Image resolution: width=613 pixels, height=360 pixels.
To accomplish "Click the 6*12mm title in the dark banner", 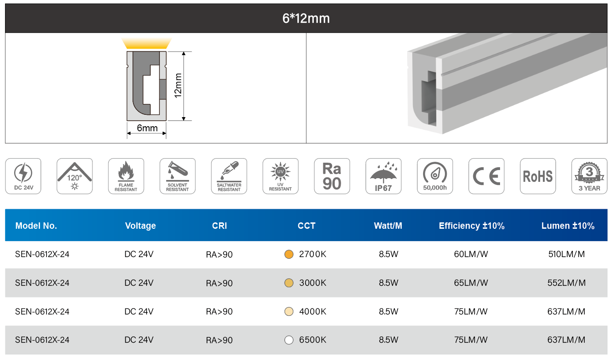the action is [306, 18].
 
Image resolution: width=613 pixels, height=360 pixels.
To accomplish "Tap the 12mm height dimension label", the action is [178, 85].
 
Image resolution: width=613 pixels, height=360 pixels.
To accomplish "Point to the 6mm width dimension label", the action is [147, 128].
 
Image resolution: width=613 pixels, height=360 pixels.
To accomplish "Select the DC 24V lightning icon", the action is [23, 176].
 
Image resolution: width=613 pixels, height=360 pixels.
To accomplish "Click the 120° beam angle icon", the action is [75, 176].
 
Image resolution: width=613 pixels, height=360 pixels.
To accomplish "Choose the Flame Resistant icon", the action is [126, 176].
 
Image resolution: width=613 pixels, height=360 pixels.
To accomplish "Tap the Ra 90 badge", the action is [332, 176].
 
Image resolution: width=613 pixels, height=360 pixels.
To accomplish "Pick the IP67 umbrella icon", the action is [383, 176].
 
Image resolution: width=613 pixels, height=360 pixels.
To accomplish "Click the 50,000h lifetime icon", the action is [435, 176].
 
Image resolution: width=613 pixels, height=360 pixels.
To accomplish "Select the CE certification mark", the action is [486, 176].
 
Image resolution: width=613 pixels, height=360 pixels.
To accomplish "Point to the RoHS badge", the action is [538, 176].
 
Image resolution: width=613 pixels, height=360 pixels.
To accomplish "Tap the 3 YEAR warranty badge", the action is [589, 176].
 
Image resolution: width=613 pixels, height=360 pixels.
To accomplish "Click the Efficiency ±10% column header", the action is [471, 226].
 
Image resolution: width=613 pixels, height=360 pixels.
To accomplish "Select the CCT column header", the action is [306, 226].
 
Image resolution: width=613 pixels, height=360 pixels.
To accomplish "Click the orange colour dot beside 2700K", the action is [289, 254].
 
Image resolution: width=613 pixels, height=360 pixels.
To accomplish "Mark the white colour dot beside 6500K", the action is [289, 340].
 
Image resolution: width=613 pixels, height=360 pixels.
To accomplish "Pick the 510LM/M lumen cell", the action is [566, 254].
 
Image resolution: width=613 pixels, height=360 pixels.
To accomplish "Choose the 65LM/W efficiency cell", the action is [471, 283].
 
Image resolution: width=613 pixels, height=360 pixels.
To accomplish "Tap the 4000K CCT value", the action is [312, 312].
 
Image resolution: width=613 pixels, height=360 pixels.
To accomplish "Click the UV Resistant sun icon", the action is [281, 176].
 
